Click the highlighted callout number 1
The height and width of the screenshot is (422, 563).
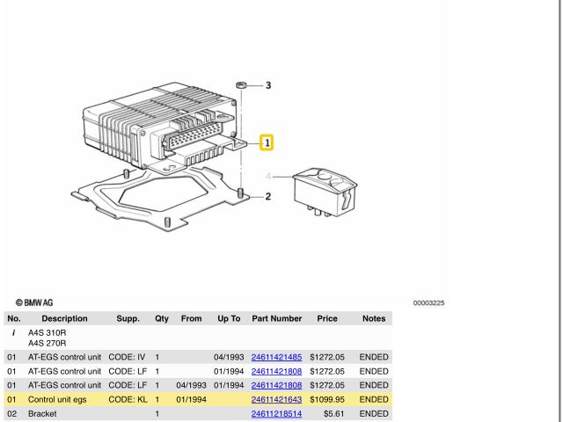point(267,142)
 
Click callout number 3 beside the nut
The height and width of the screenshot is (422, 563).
point(268,85)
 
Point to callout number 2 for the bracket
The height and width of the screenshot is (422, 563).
point(267,197)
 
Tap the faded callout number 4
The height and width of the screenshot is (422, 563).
point(267,176)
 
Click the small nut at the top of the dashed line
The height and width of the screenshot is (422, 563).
point(241,85)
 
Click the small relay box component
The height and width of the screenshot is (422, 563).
point(325,192)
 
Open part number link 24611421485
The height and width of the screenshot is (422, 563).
point(276,358)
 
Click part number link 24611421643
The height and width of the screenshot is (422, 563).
point(276,400)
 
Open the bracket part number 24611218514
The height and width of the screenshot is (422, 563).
point(276,414)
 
